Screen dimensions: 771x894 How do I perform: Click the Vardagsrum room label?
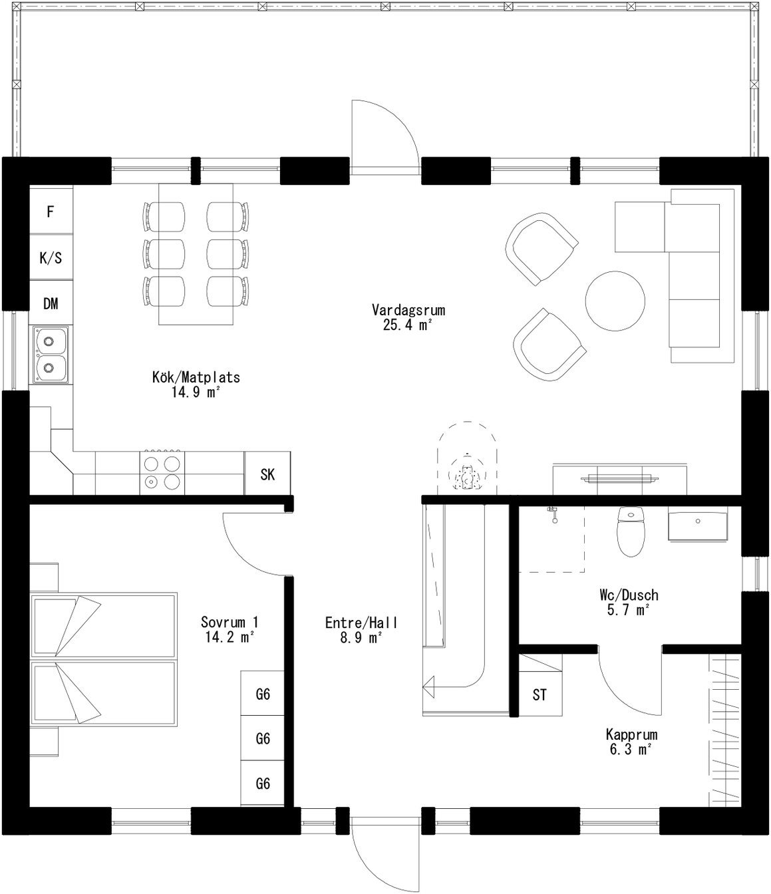408,310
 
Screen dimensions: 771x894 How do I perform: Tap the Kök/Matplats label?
196,377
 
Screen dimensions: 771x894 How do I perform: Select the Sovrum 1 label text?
230,622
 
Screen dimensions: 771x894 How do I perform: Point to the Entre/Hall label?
361,623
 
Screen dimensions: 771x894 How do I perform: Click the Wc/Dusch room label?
629,595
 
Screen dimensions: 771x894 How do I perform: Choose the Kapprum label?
631,734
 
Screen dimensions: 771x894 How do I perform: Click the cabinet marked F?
51,212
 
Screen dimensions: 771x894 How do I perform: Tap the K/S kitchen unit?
51,258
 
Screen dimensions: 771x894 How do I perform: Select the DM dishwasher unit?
51,303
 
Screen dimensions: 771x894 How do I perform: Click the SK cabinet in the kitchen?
267,474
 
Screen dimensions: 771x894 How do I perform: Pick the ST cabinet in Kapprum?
540,694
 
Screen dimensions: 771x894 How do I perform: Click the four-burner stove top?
162,472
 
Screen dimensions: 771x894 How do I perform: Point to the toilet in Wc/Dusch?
631,531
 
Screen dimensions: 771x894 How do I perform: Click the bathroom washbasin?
697,523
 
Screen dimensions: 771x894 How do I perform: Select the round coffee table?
615,301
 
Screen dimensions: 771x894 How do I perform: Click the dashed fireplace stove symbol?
467,458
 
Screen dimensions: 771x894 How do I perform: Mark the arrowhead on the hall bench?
429,686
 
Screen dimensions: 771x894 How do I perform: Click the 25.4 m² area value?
408,325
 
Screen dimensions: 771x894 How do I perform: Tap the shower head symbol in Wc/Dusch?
553,514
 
